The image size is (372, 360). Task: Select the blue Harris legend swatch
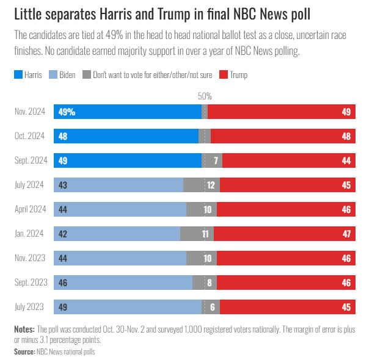pyautogui.click(x=18, y=75)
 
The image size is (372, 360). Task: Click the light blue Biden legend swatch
pyautogui.click(x=54, y=75)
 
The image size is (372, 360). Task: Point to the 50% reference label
pyautogui.click(x=205, y=96)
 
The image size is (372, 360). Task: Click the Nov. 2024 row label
pyautogui.click(x=30, y=112)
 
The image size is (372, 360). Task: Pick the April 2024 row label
pyautogui.click(x=31, y=209)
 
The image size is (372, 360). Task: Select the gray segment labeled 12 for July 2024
pyautogui.click(x=202, y=185)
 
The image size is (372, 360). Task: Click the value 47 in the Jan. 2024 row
pyautogui.click(x=346, y=234)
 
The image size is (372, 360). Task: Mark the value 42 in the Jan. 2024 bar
pyautogui.click(x=63, y=234)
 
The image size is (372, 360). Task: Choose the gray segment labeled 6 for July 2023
pyautogui.click(x=211, y=307)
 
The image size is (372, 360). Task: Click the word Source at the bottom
pyautogui.click(x=24, y=351)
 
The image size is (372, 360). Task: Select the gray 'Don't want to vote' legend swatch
pyautogui.click(x=87, y=75)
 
